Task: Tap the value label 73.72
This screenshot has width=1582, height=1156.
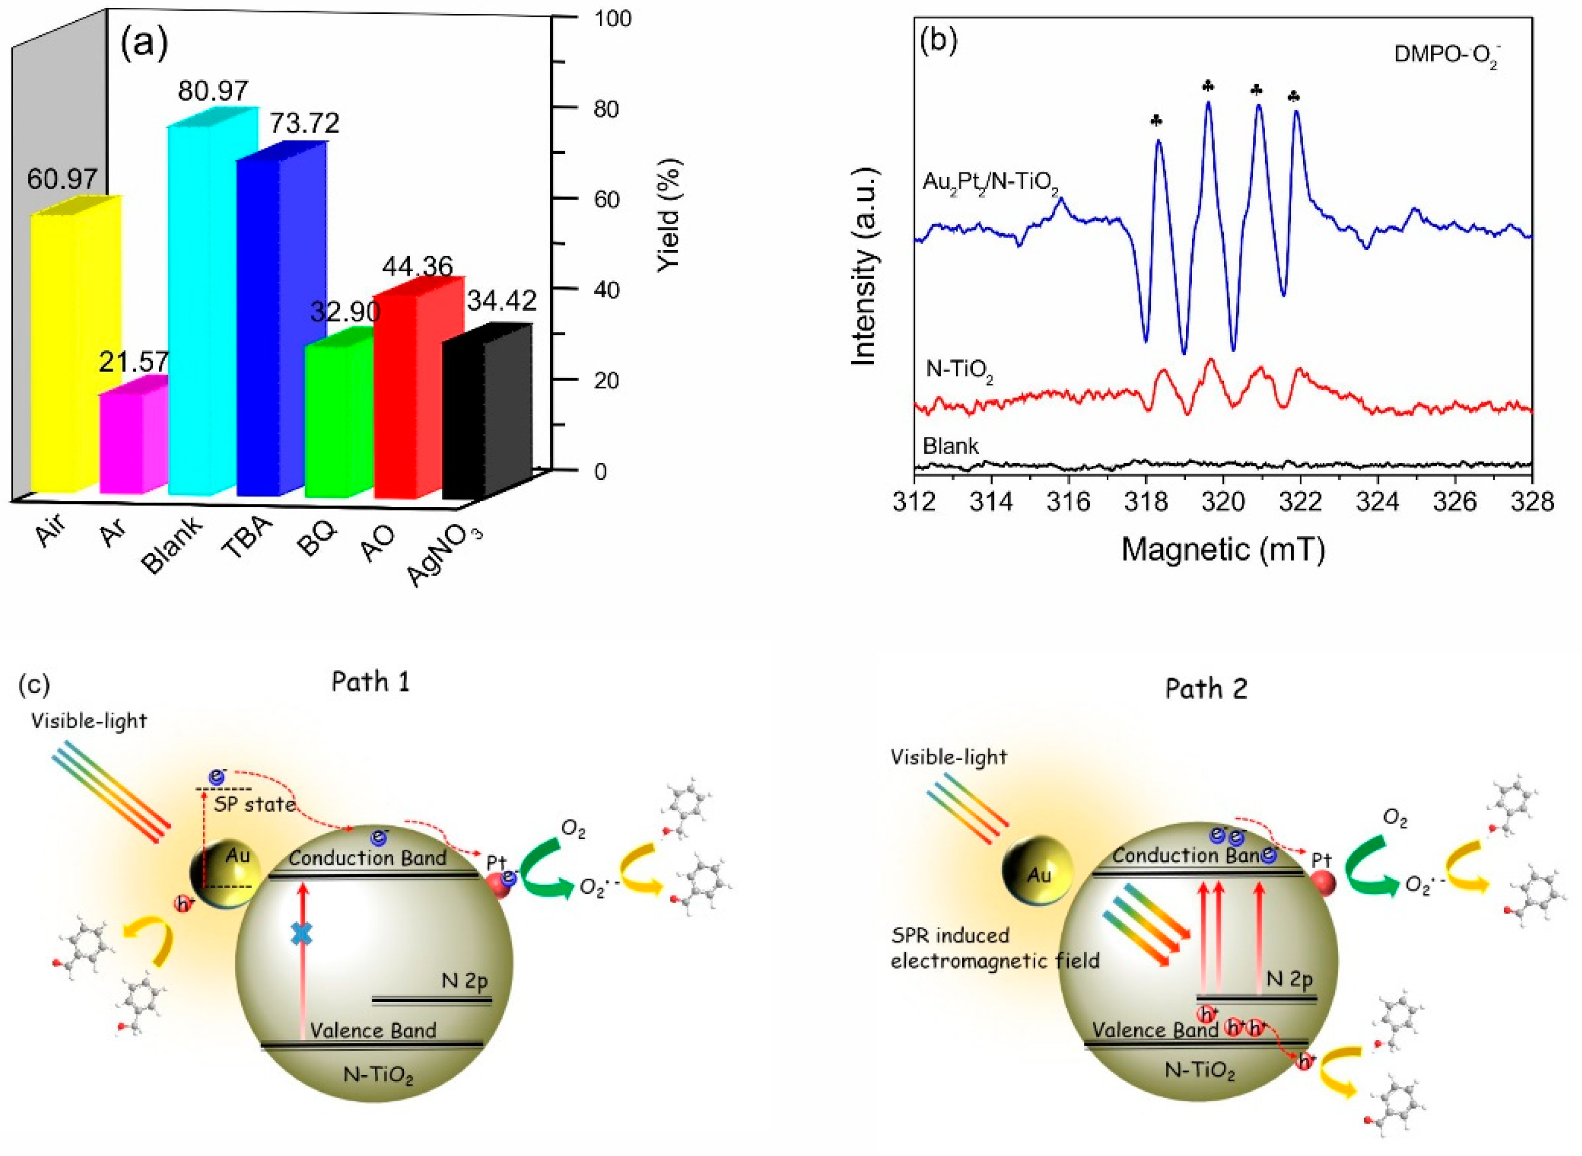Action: [297, 123]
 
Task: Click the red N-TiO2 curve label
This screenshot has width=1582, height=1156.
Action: [959, 369]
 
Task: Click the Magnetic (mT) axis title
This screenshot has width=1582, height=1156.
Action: [1223, 550]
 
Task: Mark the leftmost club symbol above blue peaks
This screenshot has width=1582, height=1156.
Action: [1156, 121]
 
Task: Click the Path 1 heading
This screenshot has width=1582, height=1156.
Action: [370, 681]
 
